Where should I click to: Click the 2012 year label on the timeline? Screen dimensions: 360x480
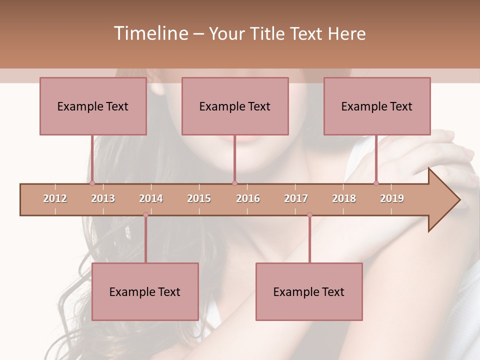55,198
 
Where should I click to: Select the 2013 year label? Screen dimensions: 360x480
103,198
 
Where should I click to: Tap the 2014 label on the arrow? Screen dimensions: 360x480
151,198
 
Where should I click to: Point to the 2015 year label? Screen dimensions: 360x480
199,198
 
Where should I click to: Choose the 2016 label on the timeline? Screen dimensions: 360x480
248,198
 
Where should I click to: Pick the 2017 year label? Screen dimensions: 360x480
296,198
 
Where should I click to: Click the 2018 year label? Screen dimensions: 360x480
344,198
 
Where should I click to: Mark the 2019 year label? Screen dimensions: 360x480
392,198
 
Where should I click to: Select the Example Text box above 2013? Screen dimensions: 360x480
93,106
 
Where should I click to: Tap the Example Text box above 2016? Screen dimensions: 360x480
235,106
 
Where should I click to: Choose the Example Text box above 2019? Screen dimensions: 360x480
377,106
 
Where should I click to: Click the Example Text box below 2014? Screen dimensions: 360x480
145,291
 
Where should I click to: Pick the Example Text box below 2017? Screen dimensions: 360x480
309,291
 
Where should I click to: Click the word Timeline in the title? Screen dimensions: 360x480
150,33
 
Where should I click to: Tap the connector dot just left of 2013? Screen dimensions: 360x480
92,183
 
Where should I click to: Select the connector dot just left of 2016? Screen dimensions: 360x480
234,183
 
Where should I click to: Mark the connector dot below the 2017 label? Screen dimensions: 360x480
309,215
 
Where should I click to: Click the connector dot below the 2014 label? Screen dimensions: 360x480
145,215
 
